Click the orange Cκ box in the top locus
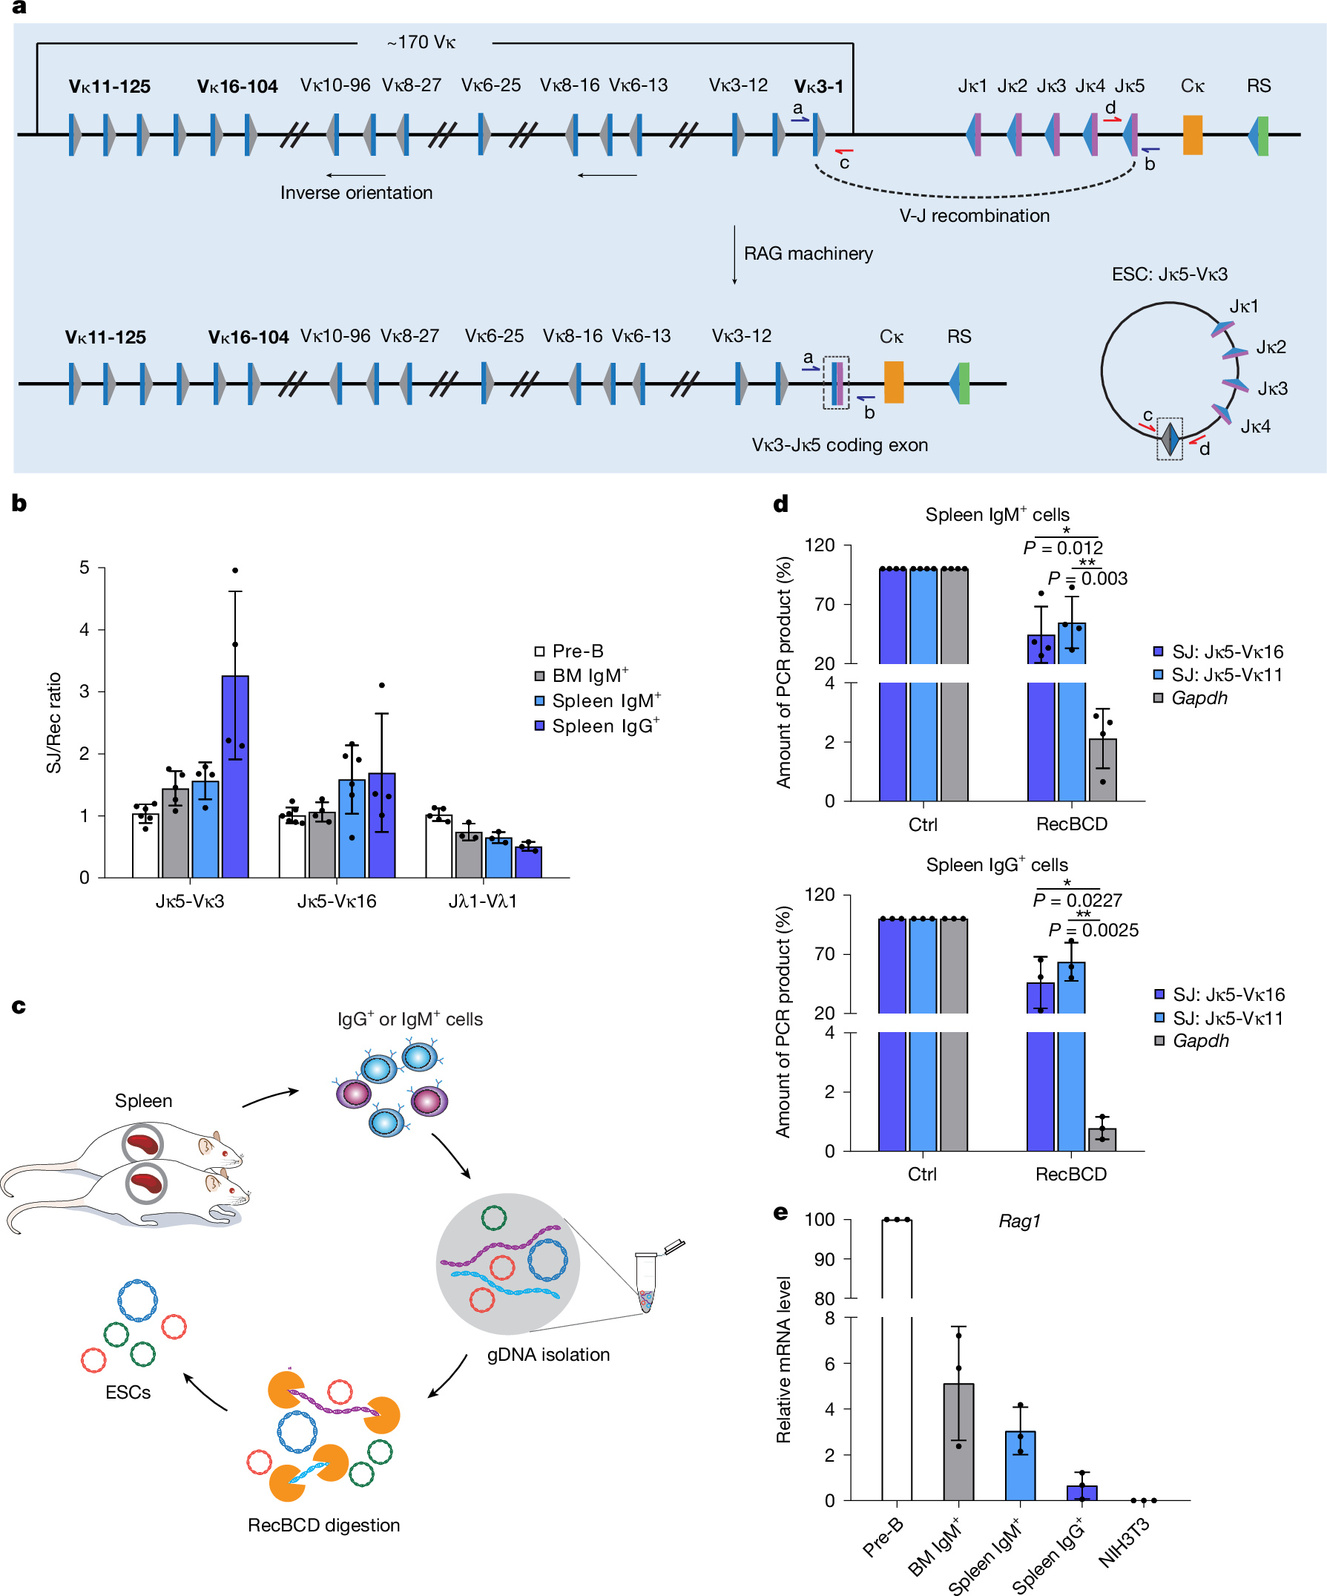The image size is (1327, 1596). pos(1192,135)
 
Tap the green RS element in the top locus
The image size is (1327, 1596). pos(1262,135)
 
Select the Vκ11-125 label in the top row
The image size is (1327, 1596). pos(109,87)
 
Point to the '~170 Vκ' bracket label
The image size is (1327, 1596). pos(421,42)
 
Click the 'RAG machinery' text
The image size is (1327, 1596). pos(808,254)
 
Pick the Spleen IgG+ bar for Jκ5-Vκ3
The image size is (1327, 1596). pos(234,775)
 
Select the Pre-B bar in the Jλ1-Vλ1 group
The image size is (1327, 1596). pos(438,846)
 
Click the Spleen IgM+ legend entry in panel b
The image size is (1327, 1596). pos(598,700)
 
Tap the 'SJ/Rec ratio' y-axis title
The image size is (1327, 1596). pos(54,722)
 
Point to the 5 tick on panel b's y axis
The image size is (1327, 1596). pos(85,568)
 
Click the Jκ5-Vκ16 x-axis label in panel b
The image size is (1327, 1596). pos(337,902)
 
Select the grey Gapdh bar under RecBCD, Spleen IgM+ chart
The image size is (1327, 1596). pos(1102,770)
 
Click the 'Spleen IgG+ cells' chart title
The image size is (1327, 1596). pos(997,865)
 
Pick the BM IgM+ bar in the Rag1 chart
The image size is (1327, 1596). pos(958,1441)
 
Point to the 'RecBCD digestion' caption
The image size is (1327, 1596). pos(323,1526)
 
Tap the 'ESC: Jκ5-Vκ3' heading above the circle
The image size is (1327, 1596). pos(1169,275)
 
